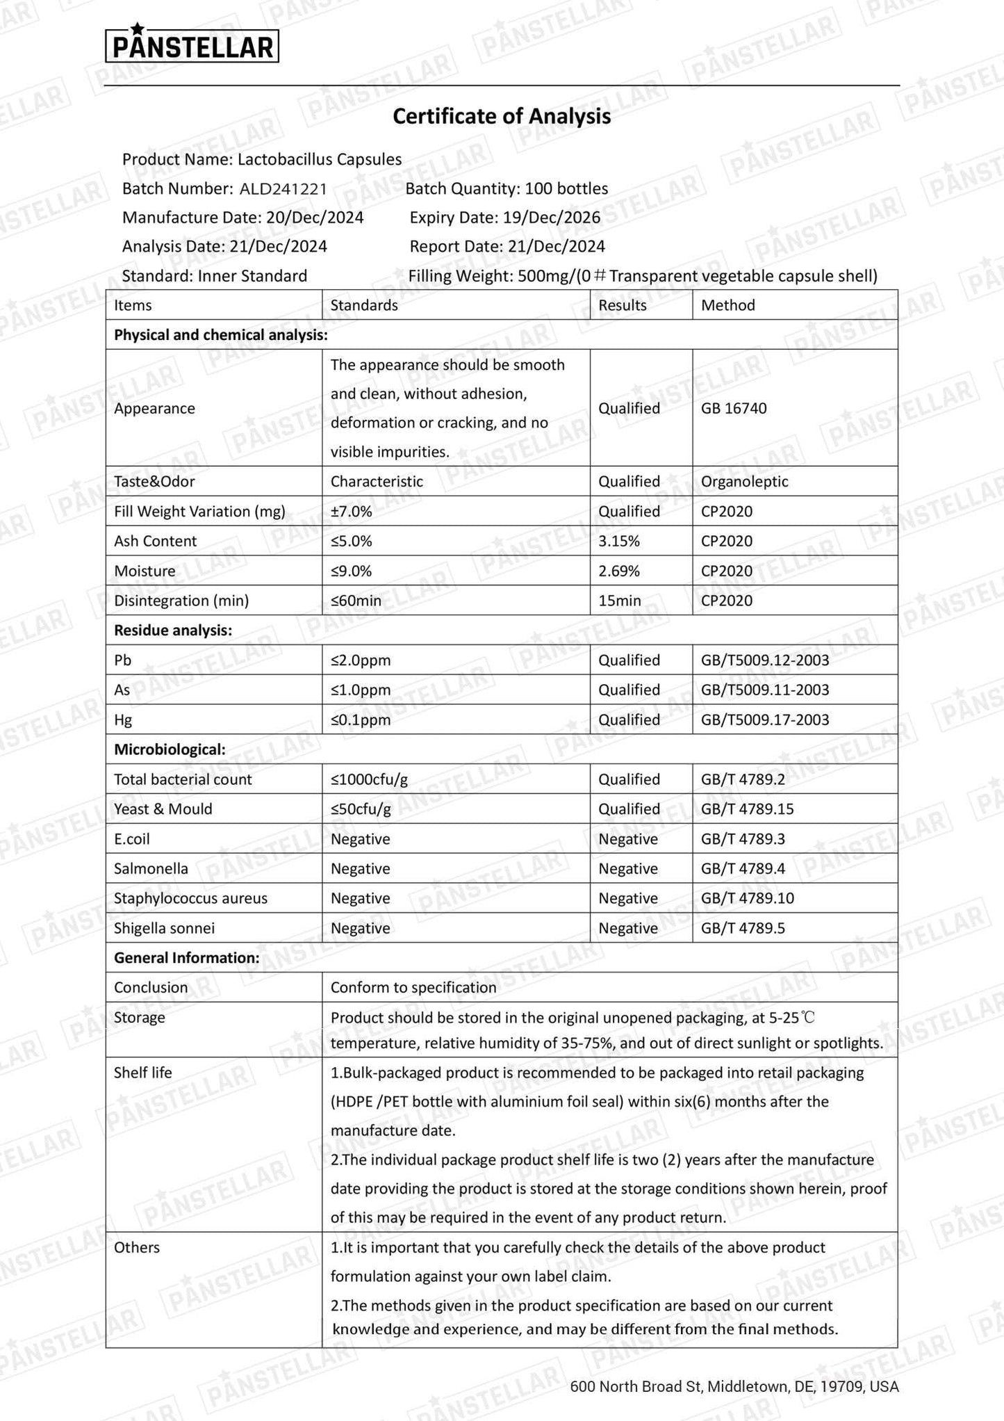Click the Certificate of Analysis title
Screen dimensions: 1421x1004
point(502,116)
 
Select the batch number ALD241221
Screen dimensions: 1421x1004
point(283,189)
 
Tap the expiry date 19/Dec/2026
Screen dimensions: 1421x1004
point(551,218)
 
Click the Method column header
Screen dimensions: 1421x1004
point(727,305)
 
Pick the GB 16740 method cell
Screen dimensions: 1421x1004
point(734,408)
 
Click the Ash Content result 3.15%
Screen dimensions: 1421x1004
point(619,541)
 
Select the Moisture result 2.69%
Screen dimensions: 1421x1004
point(619,571)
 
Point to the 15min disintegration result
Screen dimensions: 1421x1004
point(620,601)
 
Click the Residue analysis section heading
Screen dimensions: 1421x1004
point(173,631)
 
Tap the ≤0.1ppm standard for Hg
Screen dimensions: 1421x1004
point(361,720)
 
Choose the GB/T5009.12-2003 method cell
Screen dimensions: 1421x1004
point(765,660)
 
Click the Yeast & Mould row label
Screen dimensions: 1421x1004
point(163,809)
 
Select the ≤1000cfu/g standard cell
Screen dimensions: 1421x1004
point(369,779)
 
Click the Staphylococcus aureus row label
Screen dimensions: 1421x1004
point(190,898)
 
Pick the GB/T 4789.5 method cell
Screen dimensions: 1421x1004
point(743,928)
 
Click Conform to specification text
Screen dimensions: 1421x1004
point(413,987)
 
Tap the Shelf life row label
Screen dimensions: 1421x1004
point(142,1072)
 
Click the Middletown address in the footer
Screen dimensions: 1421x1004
point(734,1386)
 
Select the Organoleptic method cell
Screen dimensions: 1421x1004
point(744,481)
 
